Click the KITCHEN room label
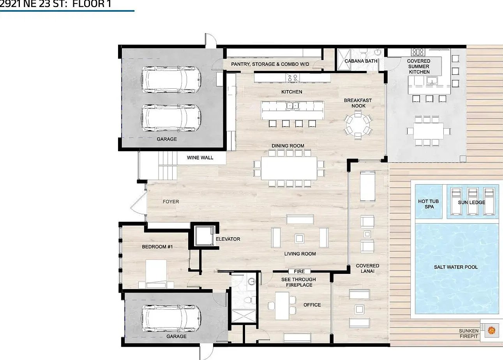(x=292, y=92)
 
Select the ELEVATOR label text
(x=228, y=239)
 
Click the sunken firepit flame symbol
(x=492, y=330)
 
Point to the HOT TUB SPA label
(x=429, y=204)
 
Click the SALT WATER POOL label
(x=456, y=267)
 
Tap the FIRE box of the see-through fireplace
(x=299, y=272)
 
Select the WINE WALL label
(x=200, y=158)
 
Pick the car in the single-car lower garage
(x=171, y=318)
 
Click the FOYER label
(x=171, y=202)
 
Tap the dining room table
(x=289, y=168)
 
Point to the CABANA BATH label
(x=361, y=61)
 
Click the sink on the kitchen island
(x=293, y=106)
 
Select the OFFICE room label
(x=312, y=305)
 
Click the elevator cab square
(x=204, y=236)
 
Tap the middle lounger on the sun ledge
(x=473, y=201)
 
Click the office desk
(x=282, y=306)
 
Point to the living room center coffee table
(x=299, y=238)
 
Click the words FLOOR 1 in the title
(x=92, y=4)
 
